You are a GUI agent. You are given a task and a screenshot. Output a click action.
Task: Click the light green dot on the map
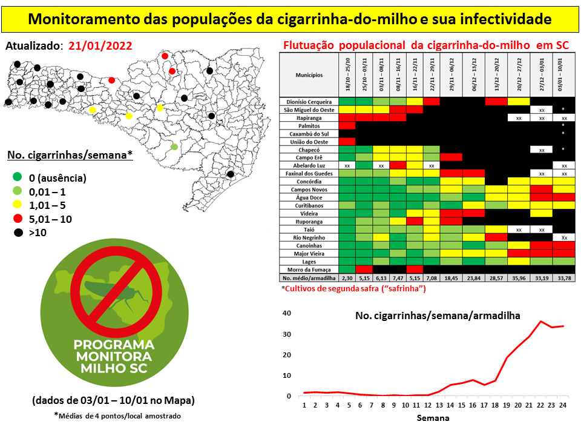click(x=174, y=147)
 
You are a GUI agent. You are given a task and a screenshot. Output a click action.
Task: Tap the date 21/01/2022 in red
click(x=100, y=46)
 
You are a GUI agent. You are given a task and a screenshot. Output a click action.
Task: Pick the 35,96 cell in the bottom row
click(x=519, y=277)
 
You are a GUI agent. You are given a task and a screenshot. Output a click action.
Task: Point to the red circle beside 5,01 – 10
click(x=17, y=219)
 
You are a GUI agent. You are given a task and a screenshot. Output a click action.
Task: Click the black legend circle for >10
click(x=17, y=233)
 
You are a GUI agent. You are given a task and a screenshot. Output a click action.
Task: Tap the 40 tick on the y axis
click(x=287, y=313)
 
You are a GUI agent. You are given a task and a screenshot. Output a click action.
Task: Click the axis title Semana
click(x=432, y=418)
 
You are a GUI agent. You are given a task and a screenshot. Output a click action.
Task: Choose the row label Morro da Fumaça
click(x=309, y=269)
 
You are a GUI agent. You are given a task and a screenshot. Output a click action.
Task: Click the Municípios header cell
click(x=309, y=75)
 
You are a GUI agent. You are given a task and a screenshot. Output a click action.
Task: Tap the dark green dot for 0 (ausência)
click(x=17, y=178)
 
